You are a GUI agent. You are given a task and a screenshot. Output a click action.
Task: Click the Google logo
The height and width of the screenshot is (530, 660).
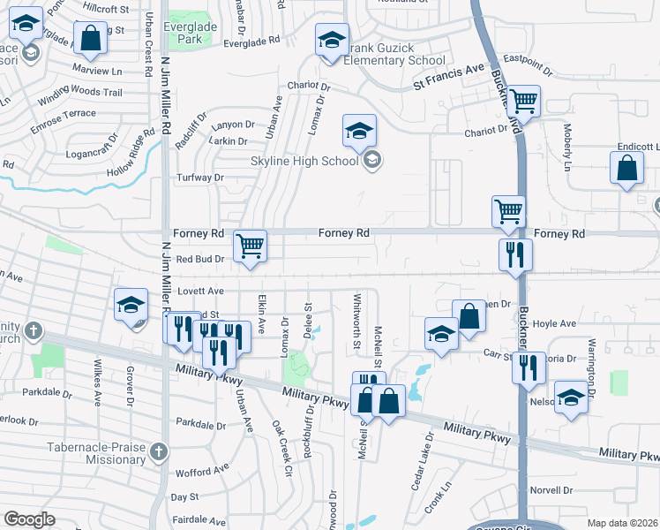pos(29,519)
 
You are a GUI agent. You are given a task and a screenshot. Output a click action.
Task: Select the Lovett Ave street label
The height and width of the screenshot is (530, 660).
pos(200,290)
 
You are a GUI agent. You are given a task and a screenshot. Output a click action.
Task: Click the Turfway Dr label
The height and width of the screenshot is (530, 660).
pos(201,177)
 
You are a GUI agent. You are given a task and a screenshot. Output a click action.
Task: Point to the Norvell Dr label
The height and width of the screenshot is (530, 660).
pos(552,490)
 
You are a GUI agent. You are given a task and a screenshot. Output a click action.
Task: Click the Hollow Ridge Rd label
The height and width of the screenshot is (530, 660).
pos(137,154)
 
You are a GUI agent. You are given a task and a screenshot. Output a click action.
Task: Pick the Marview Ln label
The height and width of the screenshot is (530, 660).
pos(98,69)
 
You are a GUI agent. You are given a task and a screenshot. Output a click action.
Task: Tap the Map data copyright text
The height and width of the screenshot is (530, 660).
pos(622,523)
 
